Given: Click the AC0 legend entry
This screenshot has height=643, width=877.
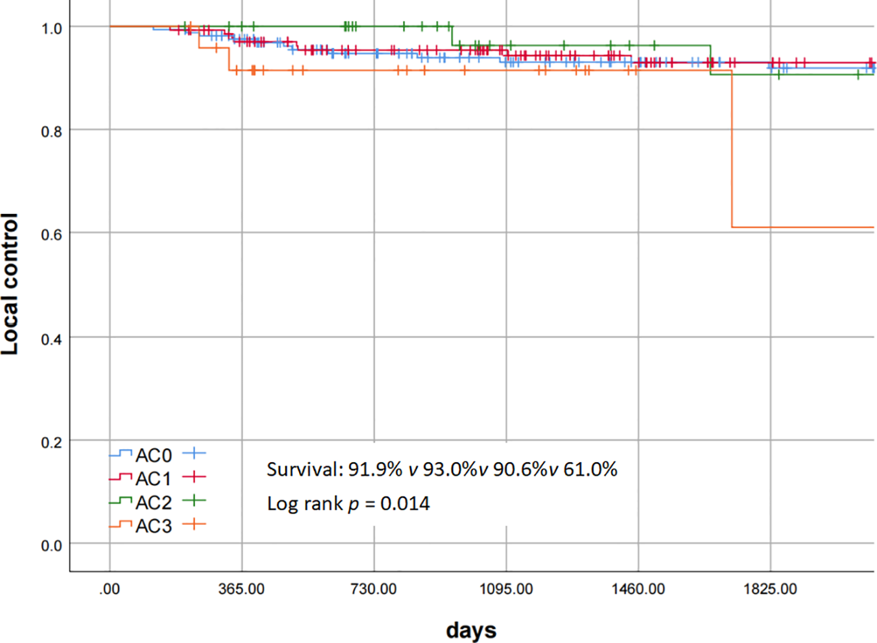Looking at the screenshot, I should pos(153,455).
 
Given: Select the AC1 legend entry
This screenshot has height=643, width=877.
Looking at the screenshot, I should pos(153,479).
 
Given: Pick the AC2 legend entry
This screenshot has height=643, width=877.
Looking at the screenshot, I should pos(153,503).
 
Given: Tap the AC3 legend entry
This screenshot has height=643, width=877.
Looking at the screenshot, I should pos(153,526).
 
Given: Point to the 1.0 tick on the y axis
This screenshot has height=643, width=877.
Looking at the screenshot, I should pos(51,29).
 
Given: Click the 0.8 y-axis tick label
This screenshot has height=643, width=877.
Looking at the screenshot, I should pos(51,132).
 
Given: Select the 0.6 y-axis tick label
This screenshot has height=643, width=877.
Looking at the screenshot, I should pos(51,235).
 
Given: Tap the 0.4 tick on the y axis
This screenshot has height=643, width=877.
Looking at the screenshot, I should pos(51,339).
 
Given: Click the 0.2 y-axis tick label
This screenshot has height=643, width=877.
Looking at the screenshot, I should pos(51,443).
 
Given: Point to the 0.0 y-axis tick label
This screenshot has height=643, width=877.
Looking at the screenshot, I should pos(51,546).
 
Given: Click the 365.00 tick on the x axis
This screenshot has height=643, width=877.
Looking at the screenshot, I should pos(242,590).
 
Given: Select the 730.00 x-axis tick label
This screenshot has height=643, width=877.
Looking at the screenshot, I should pos(373,590).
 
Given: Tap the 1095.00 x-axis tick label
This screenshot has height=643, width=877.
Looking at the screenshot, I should pos(506,590).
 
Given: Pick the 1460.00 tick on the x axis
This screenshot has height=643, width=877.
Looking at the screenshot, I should pos(638,590).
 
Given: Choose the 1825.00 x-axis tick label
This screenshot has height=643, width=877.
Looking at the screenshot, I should pos(770,590).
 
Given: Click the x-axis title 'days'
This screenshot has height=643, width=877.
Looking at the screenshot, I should pos(471,630).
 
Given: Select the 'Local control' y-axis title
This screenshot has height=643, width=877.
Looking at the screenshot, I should pos(10,284).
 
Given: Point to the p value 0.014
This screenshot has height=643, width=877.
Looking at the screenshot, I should pos(405,504).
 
